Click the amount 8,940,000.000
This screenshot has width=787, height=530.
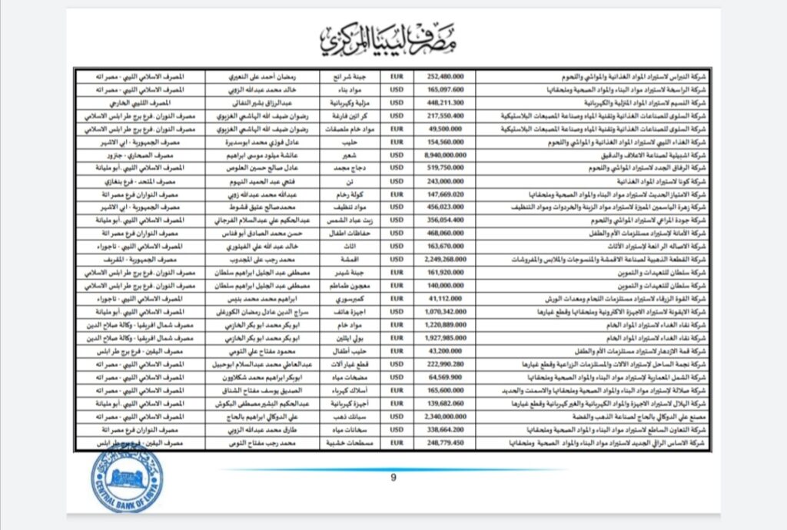point(444,155)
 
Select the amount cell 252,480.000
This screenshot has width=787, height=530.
point(444,77)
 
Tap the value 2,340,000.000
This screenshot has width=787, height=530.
point(444,416)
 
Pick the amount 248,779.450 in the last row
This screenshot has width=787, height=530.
point(444,443)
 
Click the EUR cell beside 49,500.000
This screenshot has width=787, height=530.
point(397,129)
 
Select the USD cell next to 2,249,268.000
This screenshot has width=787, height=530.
point(397,260)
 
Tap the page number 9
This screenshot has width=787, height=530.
point(393,478)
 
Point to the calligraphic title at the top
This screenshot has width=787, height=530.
point(393,38)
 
